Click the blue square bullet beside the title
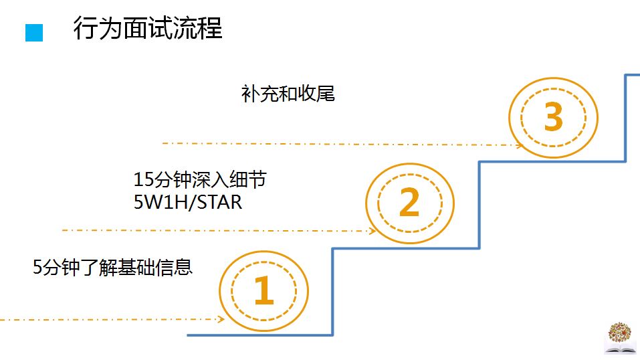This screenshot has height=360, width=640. (34, 33)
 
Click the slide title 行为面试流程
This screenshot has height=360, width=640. (147, 29)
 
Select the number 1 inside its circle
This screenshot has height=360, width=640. (263, 290)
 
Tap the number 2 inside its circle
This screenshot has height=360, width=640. (409, 203)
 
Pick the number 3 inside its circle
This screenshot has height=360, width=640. (553, 118)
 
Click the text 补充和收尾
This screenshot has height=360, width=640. (288, 94)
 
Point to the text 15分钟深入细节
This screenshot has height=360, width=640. (205, 180)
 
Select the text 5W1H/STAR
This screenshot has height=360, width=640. (188, 201)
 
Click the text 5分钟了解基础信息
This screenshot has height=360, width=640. (113, 268)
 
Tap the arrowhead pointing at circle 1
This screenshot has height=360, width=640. (220, 319)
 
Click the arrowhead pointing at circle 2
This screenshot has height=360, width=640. (373, 231)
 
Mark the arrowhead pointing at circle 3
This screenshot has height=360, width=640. (518, 145)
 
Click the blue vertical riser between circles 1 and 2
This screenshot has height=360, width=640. (333, 291)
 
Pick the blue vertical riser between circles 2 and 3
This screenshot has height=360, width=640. (479, 204)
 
